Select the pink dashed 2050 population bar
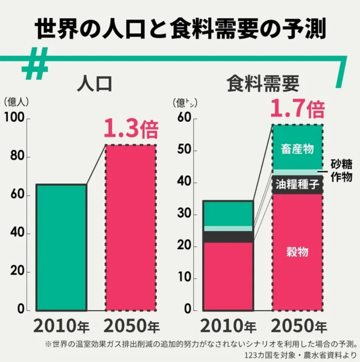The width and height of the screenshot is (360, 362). click(x=130, y=228)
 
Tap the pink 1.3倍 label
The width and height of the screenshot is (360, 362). click(x=131, y=129)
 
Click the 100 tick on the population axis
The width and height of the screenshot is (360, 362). click(x=15, y=119)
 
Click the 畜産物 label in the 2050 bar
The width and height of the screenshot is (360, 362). click(x=297, y=149)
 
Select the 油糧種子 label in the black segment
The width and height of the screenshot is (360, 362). click(x=297, y=185)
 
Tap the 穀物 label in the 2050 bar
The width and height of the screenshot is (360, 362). click(x=297, y=251)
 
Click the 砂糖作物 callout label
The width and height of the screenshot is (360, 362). click(x=341, y=171)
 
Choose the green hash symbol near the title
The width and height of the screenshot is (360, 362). click(x=35, y=64)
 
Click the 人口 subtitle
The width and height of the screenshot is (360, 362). click(x=95, y=84)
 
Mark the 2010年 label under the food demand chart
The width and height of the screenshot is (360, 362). click(x=228, y=326)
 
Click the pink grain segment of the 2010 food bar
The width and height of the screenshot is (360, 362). click(x=228, y=276)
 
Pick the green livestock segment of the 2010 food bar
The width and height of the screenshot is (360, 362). click(x=228, y=213)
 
